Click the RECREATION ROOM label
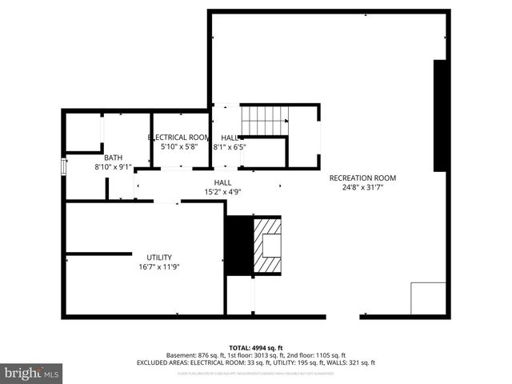tap(362, 178)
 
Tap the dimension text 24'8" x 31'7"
tap(362, 188)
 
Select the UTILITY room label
tap(158, 258)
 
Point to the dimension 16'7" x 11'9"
tap(158, 267)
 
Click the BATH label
tap(113, 158)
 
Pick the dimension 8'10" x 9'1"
tap(113, 167)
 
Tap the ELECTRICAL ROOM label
tap(179, 138)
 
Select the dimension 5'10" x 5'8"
tap(179, 147)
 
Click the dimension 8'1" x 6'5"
tap(230, 147)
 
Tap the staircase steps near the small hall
tap(264, 121)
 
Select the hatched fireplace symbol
tap(267, 246)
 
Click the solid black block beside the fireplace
tap(238, 246)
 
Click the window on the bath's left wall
tap(64, 166)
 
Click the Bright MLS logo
tap(32, 373)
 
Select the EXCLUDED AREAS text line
tap(255, 362)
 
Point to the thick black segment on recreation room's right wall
tap(439, 115)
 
